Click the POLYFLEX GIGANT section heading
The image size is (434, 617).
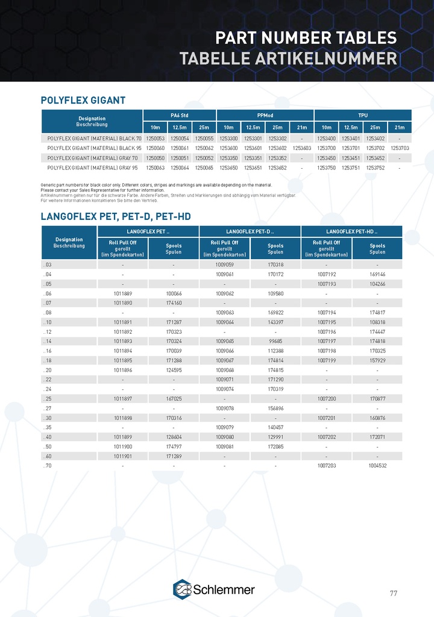click(x=83, y=100)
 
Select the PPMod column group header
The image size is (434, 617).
click(x=265, y=115)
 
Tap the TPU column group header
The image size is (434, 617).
click(x=363, y=115)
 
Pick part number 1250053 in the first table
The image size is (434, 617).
click(x=156, y=138)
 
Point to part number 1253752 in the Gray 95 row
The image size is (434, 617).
click(x=376, y=167)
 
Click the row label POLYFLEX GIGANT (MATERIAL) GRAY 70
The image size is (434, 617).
click(x=93, y=157)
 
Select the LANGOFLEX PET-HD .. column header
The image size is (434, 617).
click(x=351, y=231)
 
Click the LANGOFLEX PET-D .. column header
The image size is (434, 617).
click(x=250, y=231)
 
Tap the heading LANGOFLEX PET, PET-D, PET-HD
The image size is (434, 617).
click(x=119, y=216)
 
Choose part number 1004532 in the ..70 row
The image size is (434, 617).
click(x=377, y=466)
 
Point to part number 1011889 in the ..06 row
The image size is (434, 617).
click(x=123, y=293)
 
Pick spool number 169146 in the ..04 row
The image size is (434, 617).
click(x=377, y=274)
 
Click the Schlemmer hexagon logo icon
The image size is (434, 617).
click(x=183, y=589)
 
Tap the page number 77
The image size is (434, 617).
click(x=393, y=593)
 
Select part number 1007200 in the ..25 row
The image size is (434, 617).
click(x=326, y=398)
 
